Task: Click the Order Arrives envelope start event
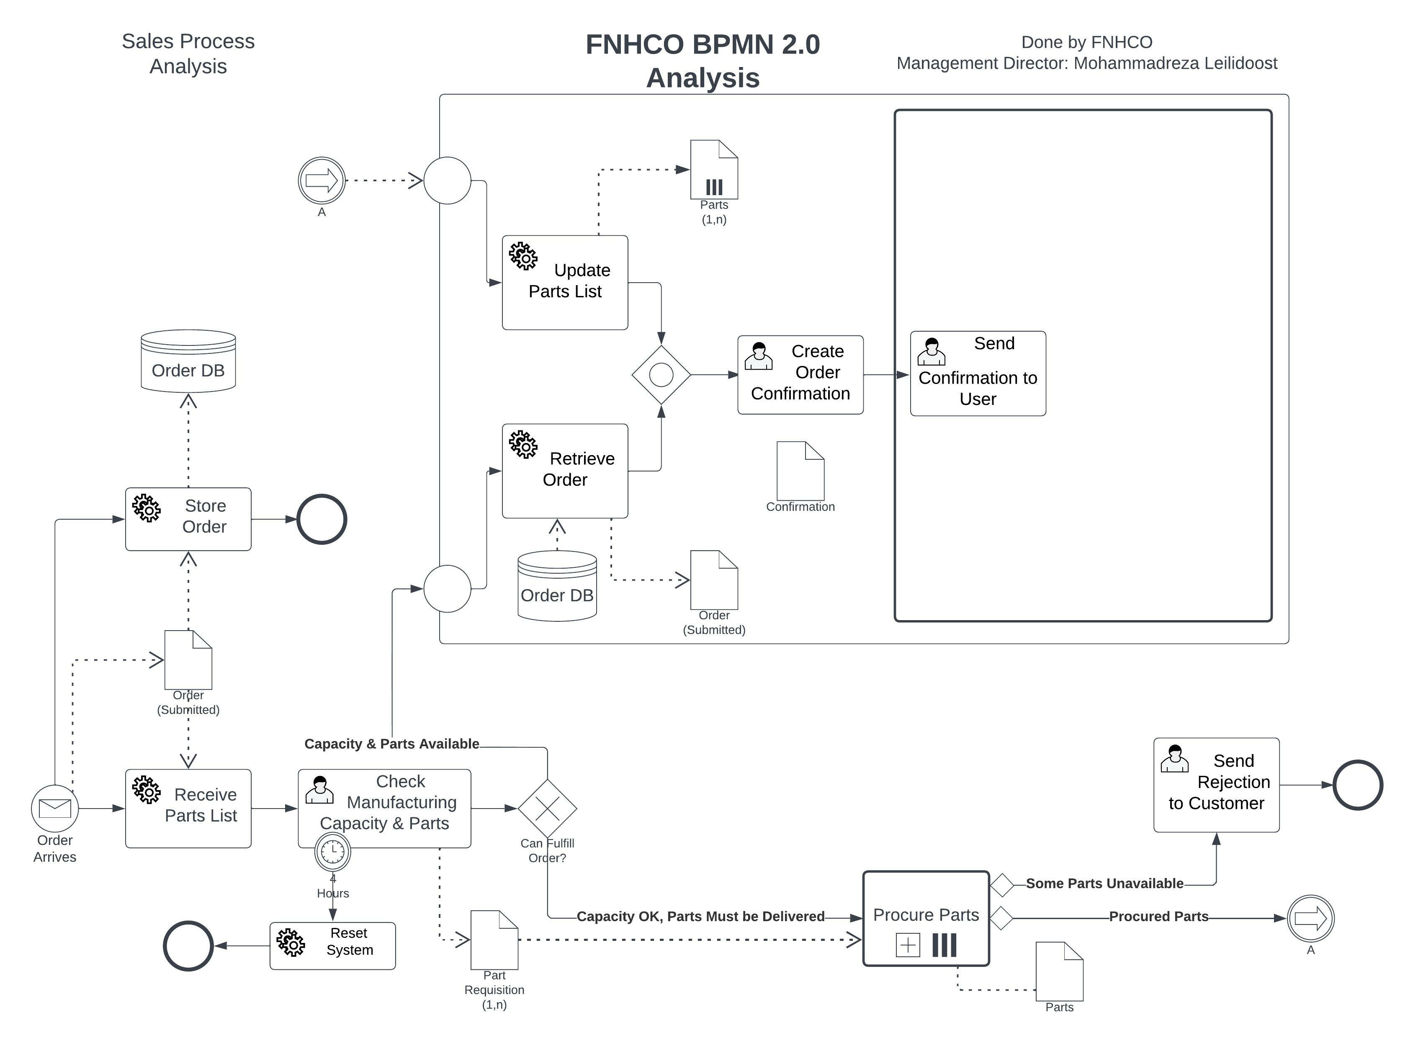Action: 55,808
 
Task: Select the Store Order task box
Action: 188,519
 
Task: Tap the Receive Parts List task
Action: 188,808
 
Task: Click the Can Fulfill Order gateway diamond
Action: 547,808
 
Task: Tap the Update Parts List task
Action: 564,282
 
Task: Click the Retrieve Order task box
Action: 564,471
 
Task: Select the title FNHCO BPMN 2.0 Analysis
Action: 703,61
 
